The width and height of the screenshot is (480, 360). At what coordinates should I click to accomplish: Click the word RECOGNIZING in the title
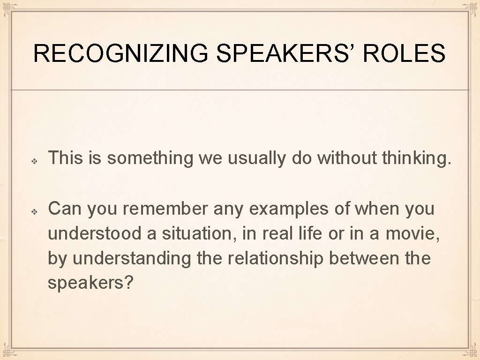pos(120,53)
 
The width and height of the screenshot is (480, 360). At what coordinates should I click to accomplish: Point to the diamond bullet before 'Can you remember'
pos(35,211)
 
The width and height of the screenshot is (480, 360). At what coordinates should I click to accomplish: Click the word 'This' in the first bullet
pos(65,159)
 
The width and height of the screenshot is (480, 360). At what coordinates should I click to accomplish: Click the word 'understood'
pos(95,233)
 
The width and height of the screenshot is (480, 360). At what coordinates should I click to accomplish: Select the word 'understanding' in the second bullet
pos(132,258)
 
